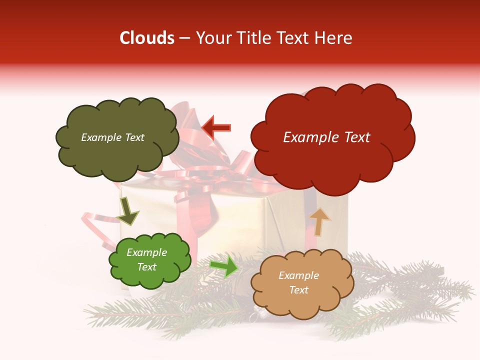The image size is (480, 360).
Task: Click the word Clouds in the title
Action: (x=147, y=38)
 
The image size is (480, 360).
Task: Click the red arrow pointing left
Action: (x=216, y=127)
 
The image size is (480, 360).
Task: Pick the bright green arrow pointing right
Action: (x=224, y=265)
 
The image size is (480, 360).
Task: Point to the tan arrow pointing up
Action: (x=319, y=221)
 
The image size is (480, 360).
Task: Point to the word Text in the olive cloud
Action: (x=134, y=137)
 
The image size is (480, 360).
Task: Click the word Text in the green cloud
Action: (x=147, y=267)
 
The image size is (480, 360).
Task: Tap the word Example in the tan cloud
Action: (x=298, y=275)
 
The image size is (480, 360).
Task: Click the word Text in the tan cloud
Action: (x=299, y=290)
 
